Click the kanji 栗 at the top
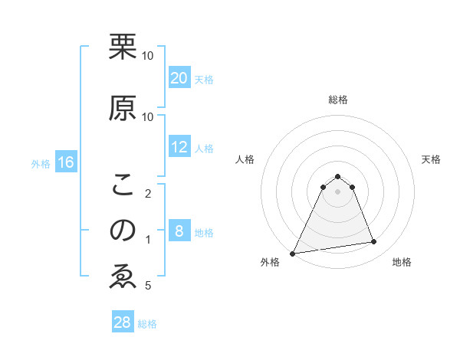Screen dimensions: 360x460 (x=123, y=46)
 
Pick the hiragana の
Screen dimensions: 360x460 (x=123, y=231)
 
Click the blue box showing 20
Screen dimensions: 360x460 (x=179, y=78)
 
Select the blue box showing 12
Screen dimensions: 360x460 (x=179, y=147)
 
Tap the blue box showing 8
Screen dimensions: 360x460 (x=179, y=231)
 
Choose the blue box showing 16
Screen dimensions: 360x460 (x=65, y=162)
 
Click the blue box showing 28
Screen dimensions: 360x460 (x=123, y=322)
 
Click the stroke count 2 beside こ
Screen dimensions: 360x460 (x=148, y=193)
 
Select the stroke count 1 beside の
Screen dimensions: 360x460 (x=148, y=240)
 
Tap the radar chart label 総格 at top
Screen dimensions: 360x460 (x=337, y=100)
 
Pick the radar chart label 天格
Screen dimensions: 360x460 (x=431, y=159)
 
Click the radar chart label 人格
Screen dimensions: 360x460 (x=245, y=159)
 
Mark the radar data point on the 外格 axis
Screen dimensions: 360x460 (x=293, y=254)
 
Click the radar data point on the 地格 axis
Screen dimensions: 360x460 (x=374, y=242)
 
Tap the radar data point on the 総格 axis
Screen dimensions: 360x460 (x=337, y=176)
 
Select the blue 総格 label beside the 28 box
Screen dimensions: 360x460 (x=147, y=324)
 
